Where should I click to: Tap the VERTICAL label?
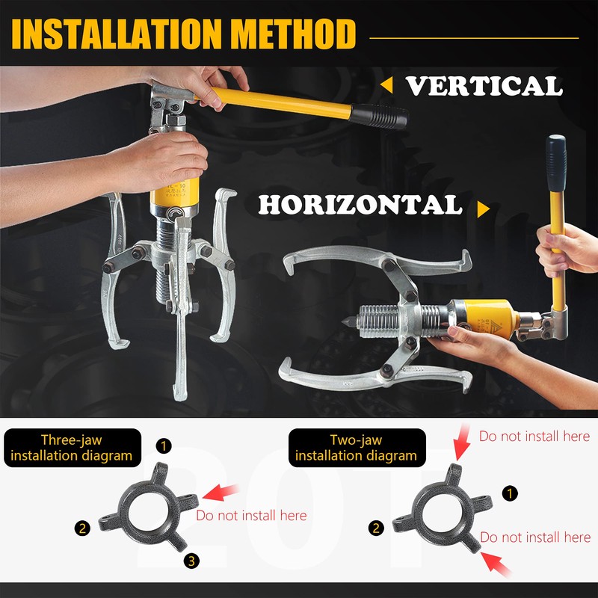point(484,86)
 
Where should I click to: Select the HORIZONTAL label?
point(360,206)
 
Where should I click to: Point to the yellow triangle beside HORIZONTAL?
point(483,209)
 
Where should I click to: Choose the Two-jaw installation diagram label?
point(356,448)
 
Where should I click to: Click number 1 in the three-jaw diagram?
point(164,446)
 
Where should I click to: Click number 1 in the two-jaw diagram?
point(510,493)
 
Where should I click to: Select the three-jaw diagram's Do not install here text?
point(251,515)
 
